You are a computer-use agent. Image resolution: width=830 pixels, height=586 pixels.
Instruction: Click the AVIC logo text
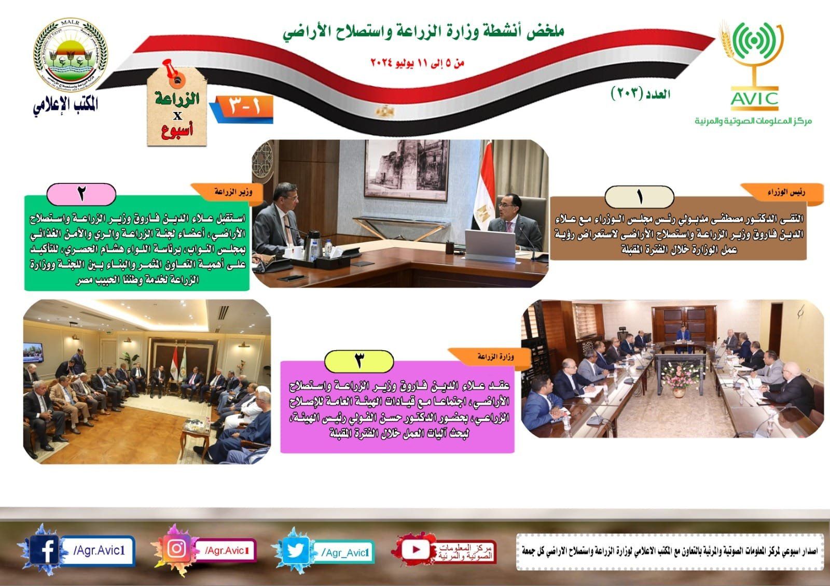[x=755, y=98]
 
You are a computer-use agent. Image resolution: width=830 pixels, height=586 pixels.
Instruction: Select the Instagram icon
[x=177, y=550]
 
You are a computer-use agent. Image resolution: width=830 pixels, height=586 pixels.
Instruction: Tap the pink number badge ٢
[x=81, y=194]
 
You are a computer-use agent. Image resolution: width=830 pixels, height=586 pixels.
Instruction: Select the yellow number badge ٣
[x=358, y=360]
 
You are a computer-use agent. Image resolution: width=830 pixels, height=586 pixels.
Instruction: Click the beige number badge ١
[x=639, y=197]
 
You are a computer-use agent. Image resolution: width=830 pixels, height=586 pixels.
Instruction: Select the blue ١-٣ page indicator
[x=244, y=107]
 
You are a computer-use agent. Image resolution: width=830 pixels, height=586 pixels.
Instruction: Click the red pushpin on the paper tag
[x=171, y=70]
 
